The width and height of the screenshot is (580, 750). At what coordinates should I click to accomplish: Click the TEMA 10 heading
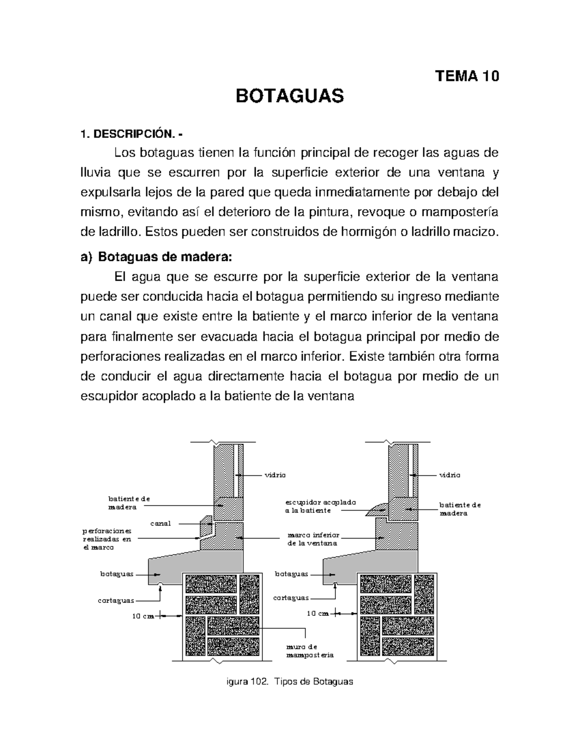tap(467, 76)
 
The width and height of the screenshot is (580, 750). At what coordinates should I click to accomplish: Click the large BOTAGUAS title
tap(289, 96)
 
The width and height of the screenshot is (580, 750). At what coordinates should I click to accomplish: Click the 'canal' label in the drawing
tap(160, 524)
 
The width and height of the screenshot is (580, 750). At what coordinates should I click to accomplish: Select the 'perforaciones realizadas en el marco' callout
tap(107, 539)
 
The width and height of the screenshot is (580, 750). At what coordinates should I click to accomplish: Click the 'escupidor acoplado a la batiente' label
tap(320, 506)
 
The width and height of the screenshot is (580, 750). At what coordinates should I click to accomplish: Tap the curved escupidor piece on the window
tap(377, 509)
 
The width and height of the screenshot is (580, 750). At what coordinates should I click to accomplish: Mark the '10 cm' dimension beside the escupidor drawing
tap(318, 613)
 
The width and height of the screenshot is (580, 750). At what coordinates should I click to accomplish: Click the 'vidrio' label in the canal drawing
tap(275, 475)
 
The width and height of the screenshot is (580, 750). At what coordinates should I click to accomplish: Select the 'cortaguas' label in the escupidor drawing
tap(290, 598)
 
